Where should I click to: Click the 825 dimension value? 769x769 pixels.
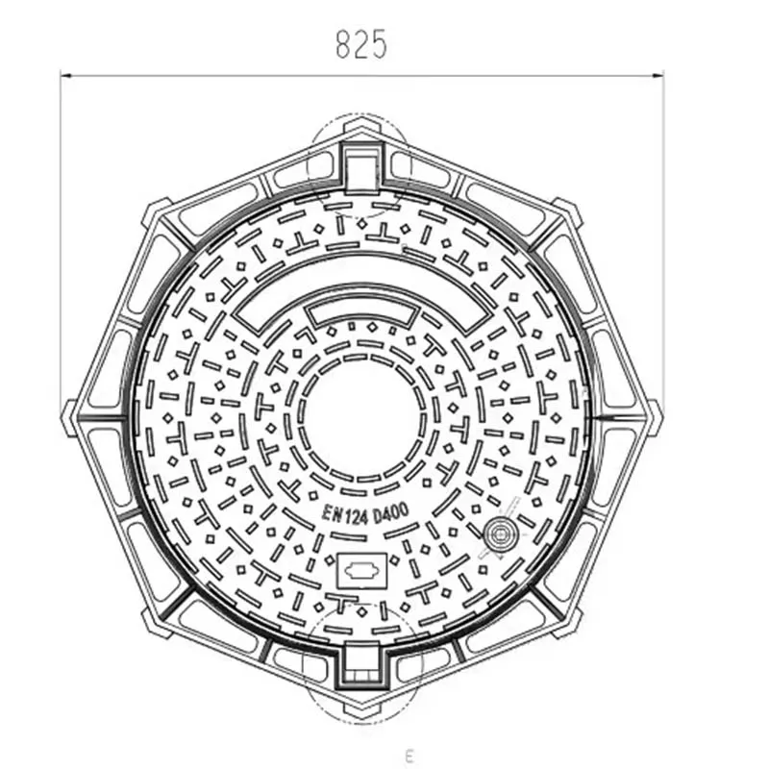[360, 44]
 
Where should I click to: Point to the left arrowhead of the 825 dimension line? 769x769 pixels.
[65, 74]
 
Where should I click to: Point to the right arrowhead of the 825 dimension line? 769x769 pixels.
[658, 74]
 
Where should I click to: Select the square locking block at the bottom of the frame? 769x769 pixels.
[361, 665]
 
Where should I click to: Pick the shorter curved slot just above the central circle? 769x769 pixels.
[361, 314]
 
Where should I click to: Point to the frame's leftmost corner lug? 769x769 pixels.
[70, 416]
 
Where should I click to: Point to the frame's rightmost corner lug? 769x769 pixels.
[654, 416]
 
